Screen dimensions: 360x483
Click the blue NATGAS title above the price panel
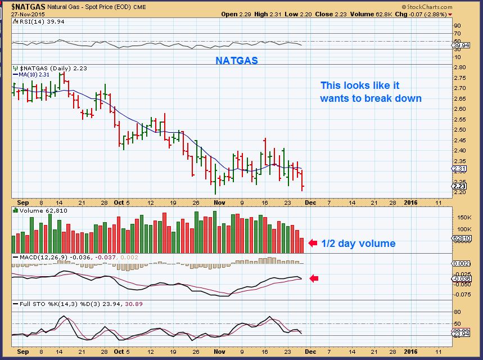coord(237,60)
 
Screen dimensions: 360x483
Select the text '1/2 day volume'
coord(358,244)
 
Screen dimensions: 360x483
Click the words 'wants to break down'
coord(371,98)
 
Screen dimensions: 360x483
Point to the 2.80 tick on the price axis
coord(461,67)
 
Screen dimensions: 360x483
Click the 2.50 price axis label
coord(461,130)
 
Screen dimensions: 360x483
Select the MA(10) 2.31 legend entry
coord(31,74)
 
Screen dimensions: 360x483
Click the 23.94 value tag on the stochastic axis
coord(461,333)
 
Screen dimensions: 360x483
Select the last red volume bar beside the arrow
coord(303,245)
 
